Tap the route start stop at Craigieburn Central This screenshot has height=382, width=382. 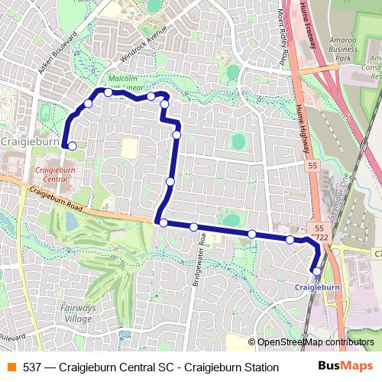72,145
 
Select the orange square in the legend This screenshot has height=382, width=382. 10,367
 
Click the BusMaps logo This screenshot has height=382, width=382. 346,367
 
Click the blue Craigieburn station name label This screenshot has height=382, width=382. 316,286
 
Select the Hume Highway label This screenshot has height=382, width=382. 301,118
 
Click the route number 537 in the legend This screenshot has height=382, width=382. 32,367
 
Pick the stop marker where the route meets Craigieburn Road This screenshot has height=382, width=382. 163,222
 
